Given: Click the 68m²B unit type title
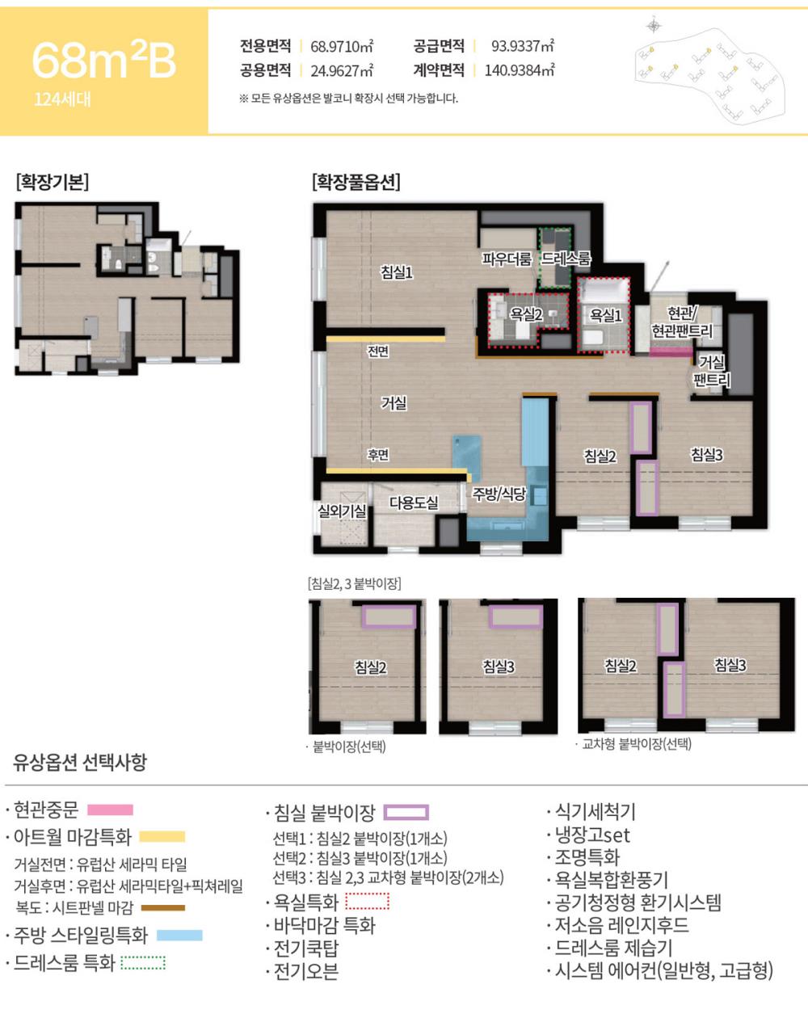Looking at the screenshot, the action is click(x=103, y=61).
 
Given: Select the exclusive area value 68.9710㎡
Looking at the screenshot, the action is click(x=342, y=46).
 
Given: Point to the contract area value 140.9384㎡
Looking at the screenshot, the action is click(x=519, y=70).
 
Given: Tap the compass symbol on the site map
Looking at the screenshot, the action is click(x=654, y=25).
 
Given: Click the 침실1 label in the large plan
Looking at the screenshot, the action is click(x=397, y=271).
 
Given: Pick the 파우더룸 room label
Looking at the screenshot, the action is click(x=507, y=259).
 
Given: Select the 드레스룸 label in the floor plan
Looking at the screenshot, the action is click(x=566, y=259).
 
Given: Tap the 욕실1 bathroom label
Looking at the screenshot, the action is click(x=606, y=315).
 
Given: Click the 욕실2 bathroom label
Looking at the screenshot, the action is click(x=525, y=314).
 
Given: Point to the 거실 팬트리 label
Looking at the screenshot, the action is click(x=712, y=371).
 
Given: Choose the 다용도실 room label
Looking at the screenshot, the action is click(x=414, y=503).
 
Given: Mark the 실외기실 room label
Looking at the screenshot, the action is click(x=342, y=511).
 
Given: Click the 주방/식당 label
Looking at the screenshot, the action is click(x=499, y=494).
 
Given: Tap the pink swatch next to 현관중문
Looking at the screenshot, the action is click(x=110, y=810).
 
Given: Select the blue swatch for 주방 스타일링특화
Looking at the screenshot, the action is click(x=179, y=936).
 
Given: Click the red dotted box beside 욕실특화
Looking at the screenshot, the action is click(x=367, y=901).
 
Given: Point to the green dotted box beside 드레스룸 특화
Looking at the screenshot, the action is click(x=143, y=962).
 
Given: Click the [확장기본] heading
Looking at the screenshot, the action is click(x=53, y=182).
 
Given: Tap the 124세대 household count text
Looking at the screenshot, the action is click(x=62, y=100).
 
